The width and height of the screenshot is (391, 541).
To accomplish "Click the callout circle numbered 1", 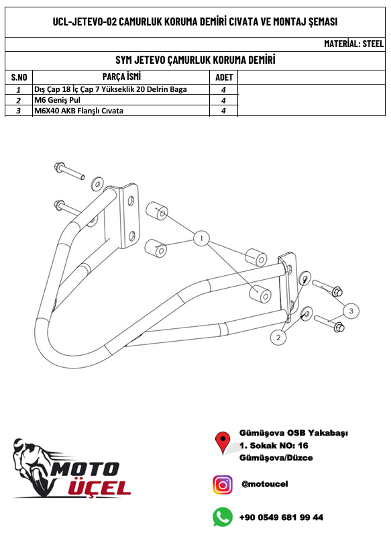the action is (x=201, y=238).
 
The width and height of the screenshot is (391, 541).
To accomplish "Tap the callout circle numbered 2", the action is (x=278, y=338).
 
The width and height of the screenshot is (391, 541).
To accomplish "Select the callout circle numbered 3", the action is (x=351, y=311).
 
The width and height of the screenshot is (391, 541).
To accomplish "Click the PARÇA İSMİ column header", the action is (x=121, y=77).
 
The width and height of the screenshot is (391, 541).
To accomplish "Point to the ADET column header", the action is (x=224, y=77).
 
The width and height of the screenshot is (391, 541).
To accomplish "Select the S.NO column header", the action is (x=19, y=77).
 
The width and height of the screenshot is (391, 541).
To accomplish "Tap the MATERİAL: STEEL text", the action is (x=353, y=44).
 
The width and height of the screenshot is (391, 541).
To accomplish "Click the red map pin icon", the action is (x=223, y=442).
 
